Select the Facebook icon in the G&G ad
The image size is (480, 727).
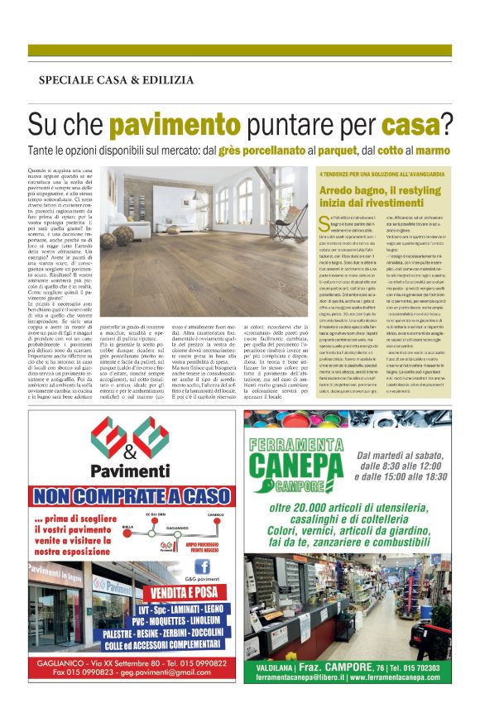[x=201, y=567]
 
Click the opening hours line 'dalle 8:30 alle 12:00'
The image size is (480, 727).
[x=401, y=466]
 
